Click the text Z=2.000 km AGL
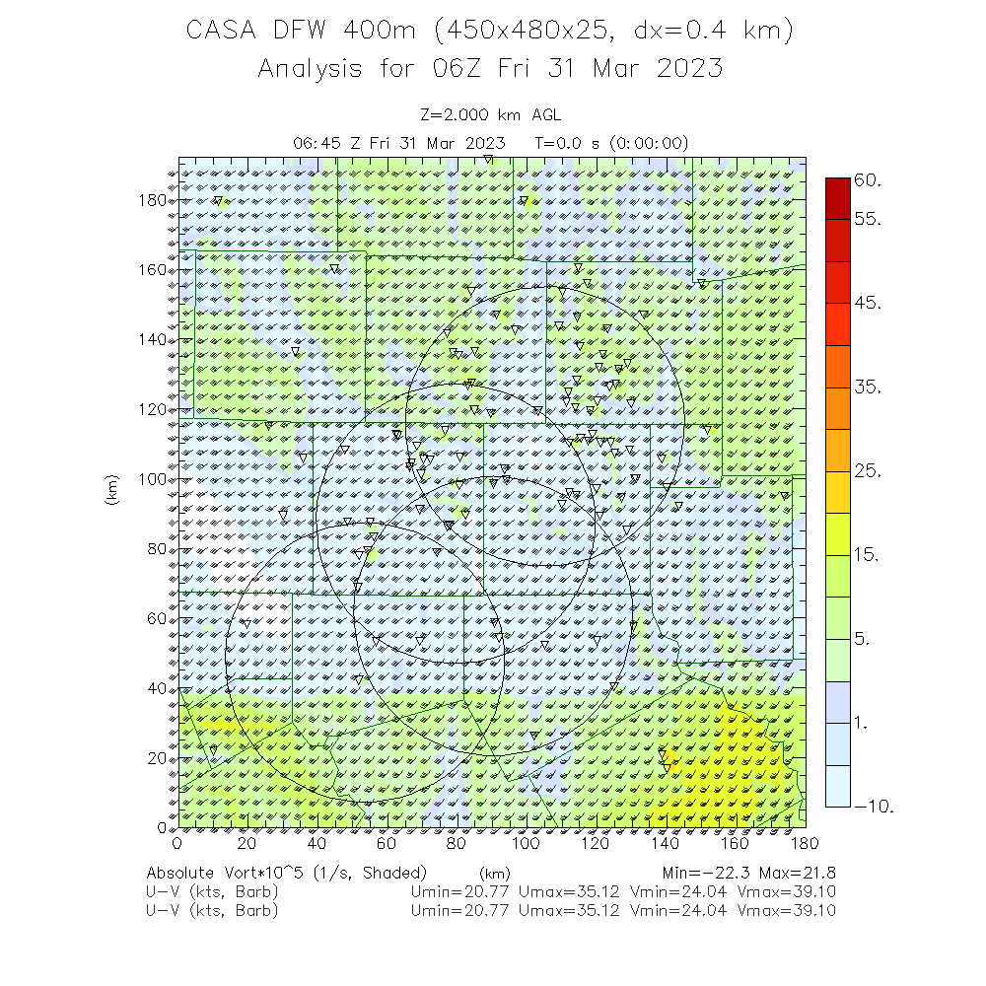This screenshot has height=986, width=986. point(490,115)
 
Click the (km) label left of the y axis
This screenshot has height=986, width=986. point(111,491)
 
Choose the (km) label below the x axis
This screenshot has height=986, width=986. point(493,874)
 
